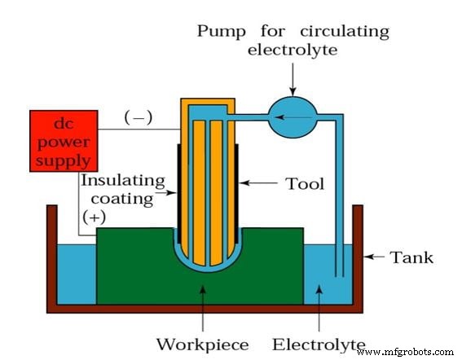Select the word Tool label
[x=305, y=184]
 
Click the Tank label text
[x=411, y=258]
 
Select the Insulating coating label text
[x=122, y=189]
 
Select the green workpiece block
[x=130, y=269]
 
